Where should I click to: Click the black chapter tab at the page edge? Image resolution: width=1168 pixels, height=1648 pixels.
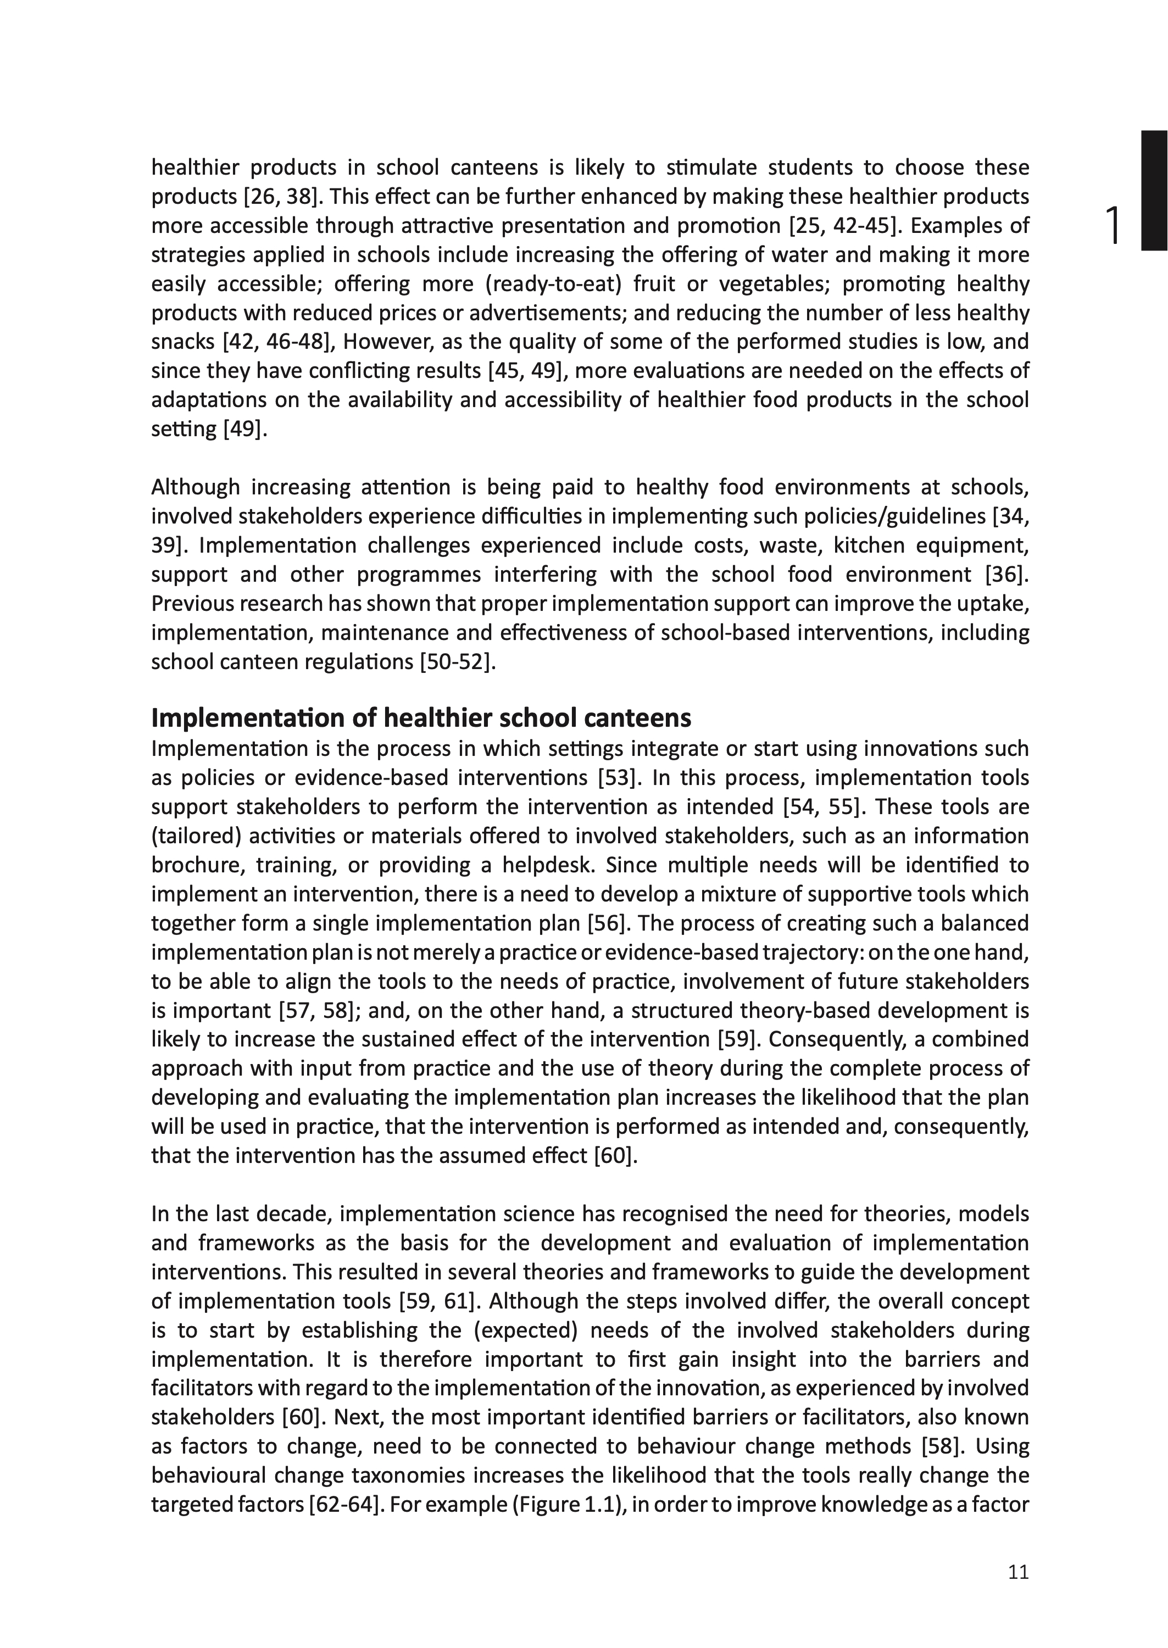(x=1154, y=191)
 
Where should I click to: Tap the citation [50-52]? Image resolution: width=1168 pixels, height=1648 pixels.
(x=458, y=661)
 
